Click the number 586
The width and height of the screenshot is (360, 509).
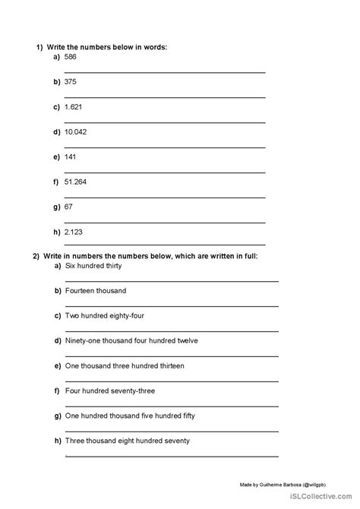(71, 56)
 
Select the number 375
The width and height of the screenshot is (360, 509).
(71, 81)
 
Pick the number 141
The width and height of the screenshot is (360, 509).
(71, 156)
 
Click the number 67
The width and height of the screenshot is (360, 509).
(70, 206)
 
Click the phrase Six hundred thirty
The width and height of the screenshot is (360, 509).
(93, 266)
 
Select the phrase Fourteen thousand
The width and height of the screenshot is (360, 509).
(96, 291)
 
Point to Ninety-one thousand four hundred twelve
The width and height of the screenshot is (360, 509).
(131, 340)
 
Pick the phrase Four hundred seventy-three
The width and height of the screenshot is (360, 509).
(109, 390)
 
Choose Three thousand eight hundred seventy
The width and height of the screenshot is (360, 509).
(128, 441)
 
